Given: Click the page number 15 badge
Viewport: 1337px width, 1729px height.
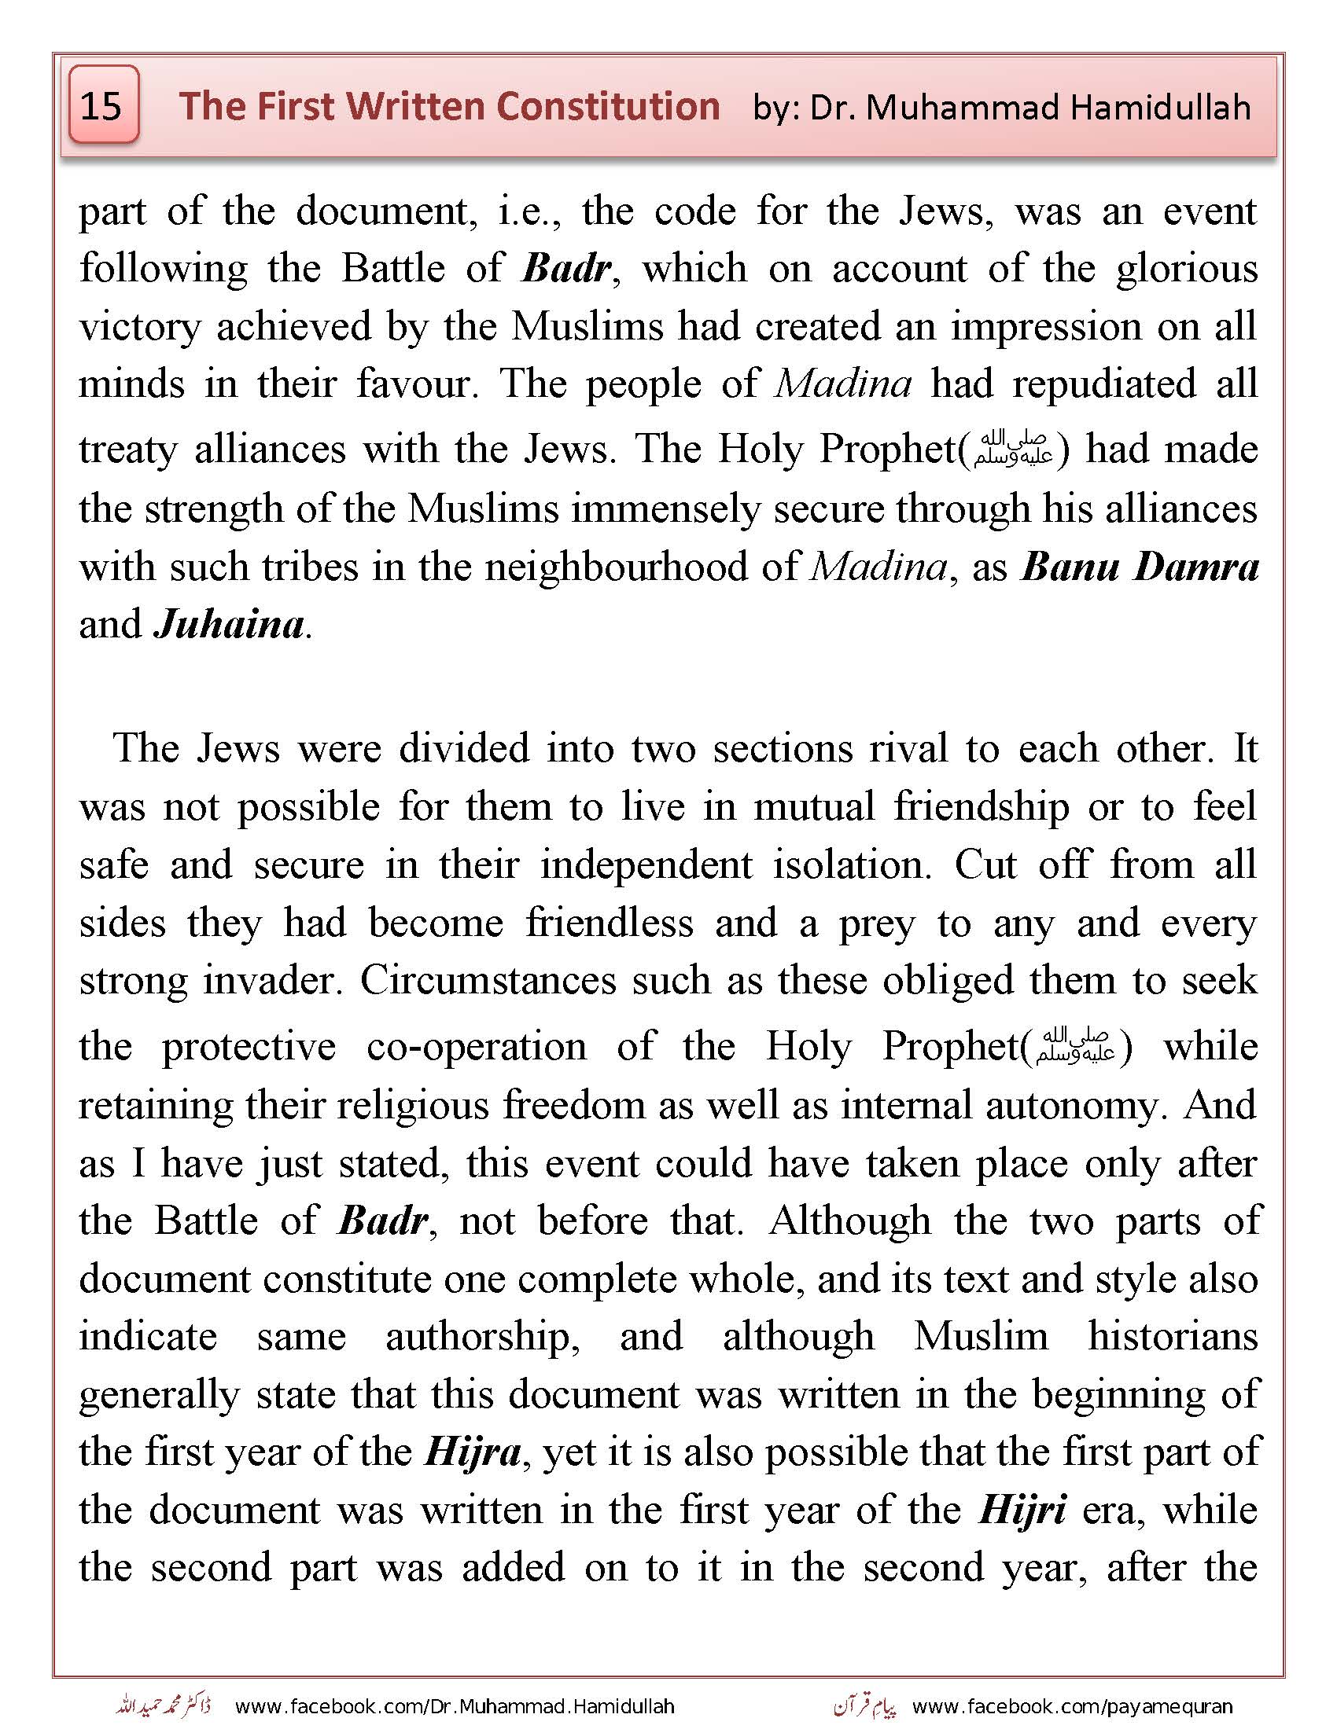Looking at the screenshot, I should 103,105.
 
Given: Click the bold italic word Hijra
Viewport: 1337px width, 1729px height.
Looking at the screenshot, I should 472,1451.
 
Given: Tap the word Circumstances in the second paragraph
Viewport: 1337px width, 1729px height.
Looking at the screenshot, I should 488,980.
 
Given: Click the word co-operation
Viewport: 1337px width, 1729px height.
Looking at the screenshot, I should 476,1046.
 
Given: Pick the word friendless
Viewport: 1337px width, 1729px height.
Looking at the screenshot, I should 609,923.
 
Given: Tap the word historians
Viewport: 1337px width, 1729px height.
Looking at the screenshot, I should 1173,1336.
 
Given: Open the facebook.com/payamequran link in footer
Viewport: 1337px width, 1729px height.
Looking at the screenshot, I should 1073,1706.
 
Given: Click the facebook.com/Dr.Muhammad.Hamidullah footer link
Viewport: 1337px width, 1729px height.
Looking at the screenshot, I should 455,1706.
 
